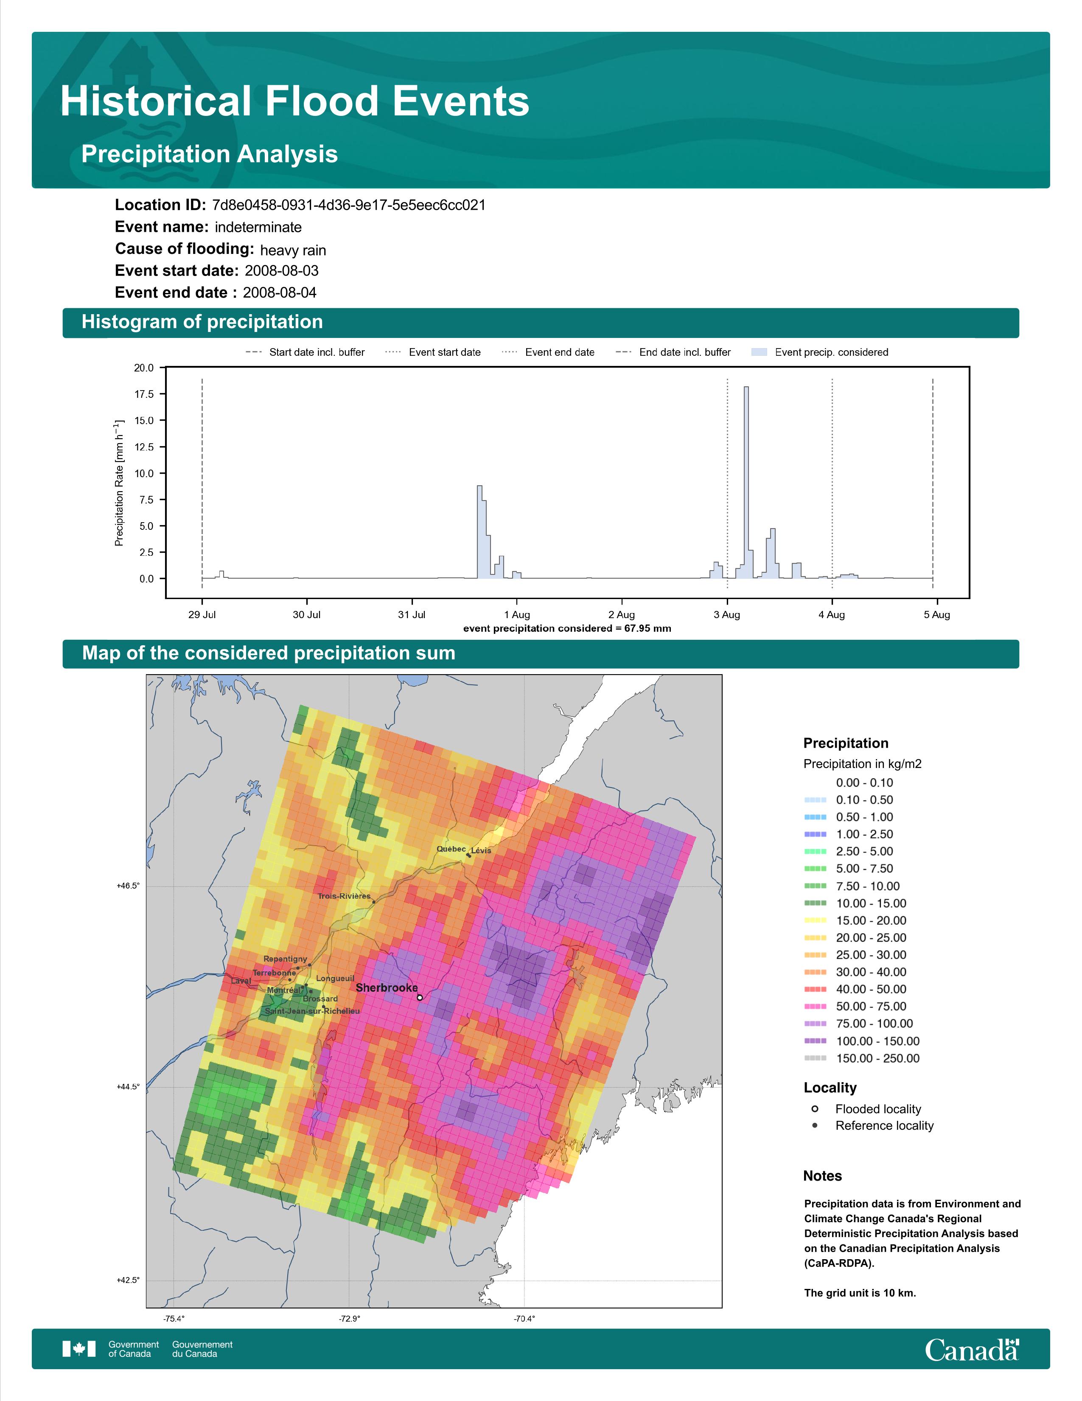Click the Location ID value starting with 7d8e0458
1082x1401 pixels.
click(x=349, y=205)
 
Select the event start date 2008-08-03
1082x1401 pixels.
click(x=281, y=271)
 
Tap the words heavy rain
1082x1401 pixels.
click(x=293, y=250)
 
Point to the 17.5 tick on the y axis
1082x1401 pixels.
click(x=144, y=394)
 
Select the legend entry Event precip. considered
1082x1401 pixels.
click(x=823, y=352)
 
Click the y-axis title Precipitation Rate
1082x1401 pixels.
click(x=118, y=483)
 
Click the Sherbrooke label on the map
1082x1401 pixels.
click(x=387, y=988)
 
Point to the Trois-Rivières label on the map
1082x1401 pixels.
click(x=344, y=896)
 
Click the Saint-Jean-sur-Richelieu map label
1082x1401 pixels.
click(x=312, y=1011)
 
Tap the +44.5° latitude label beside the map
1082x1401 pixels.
click(x=128, y=1087)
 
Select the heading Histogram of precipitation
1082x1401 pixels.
click(x=202, y=322)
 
